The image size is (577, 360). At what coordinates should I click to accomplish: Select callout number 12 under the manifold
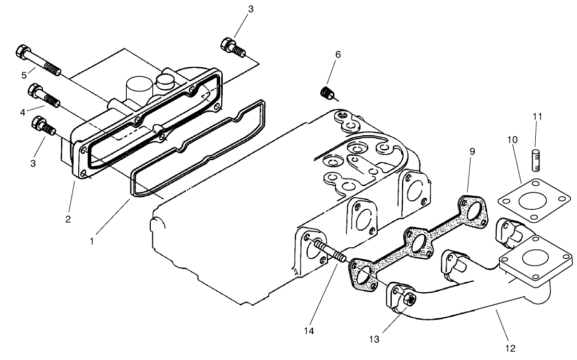510,347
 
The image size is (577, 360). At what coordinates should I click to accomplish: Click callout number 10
513,140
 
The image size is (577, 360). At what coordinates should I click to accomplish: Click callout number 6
338,54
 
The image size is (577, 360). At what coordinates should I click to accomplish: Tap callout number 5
24,75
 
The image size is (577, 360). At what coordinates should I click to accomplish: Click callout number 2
68,219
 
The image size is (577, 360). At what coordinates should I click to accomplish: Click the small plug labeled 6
327,93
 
